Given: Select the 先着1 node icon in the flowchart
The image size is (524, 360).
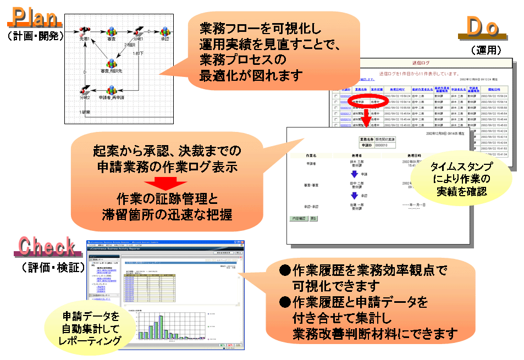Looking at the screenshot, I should click(84, 30).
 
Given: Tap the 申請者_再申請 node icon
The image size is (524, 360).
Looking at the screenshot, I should click(111, 89).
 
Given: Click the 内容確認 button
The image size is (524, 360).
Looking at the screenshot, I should click(299, 218).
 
